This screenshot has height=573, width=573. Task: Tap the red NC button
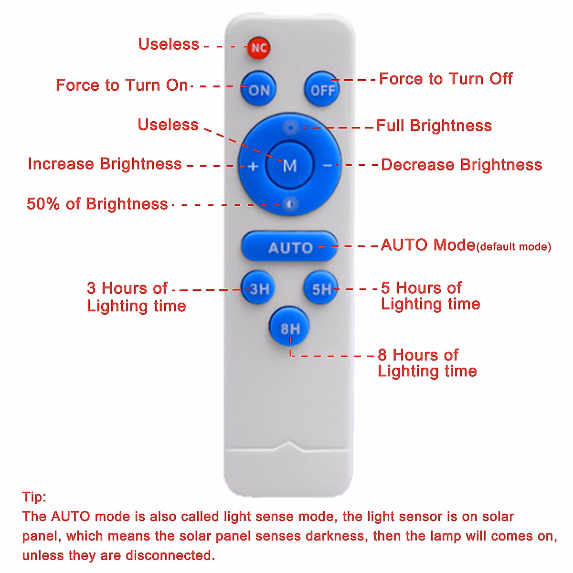point(258,48)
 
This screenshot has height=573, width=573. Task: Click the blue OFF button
point(322,89)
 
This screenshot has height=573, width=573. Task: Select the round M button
point(289,165)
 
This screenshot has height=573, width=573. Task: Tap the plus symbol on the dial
point(254,166)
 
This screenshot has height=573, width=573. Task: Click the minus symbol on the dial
point(327,166)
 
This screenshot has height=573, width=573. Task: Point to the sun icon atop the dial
point(290,127)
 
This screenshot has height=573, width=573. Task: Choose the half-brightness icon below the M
point(290,204)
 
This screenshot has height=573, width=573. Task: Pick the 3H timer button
point(258,288)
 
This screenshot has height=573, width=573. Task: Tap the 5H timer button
point(321,288)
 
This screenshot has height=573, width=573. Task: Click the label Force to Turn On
point(122,85)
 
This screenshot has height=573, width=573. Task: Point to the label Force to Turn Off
point(446,79)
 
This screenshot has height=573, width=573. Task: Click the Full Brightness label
point(434,126)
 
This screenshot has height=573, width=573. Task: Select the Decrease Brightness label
point(461,165)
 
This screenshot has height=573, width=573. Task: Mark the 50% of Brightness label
point(97,204)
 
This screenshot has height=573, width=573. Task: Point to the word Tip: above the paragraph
point(34,497)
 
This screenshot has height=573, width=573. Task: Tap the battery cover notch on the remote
point(289,446)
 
